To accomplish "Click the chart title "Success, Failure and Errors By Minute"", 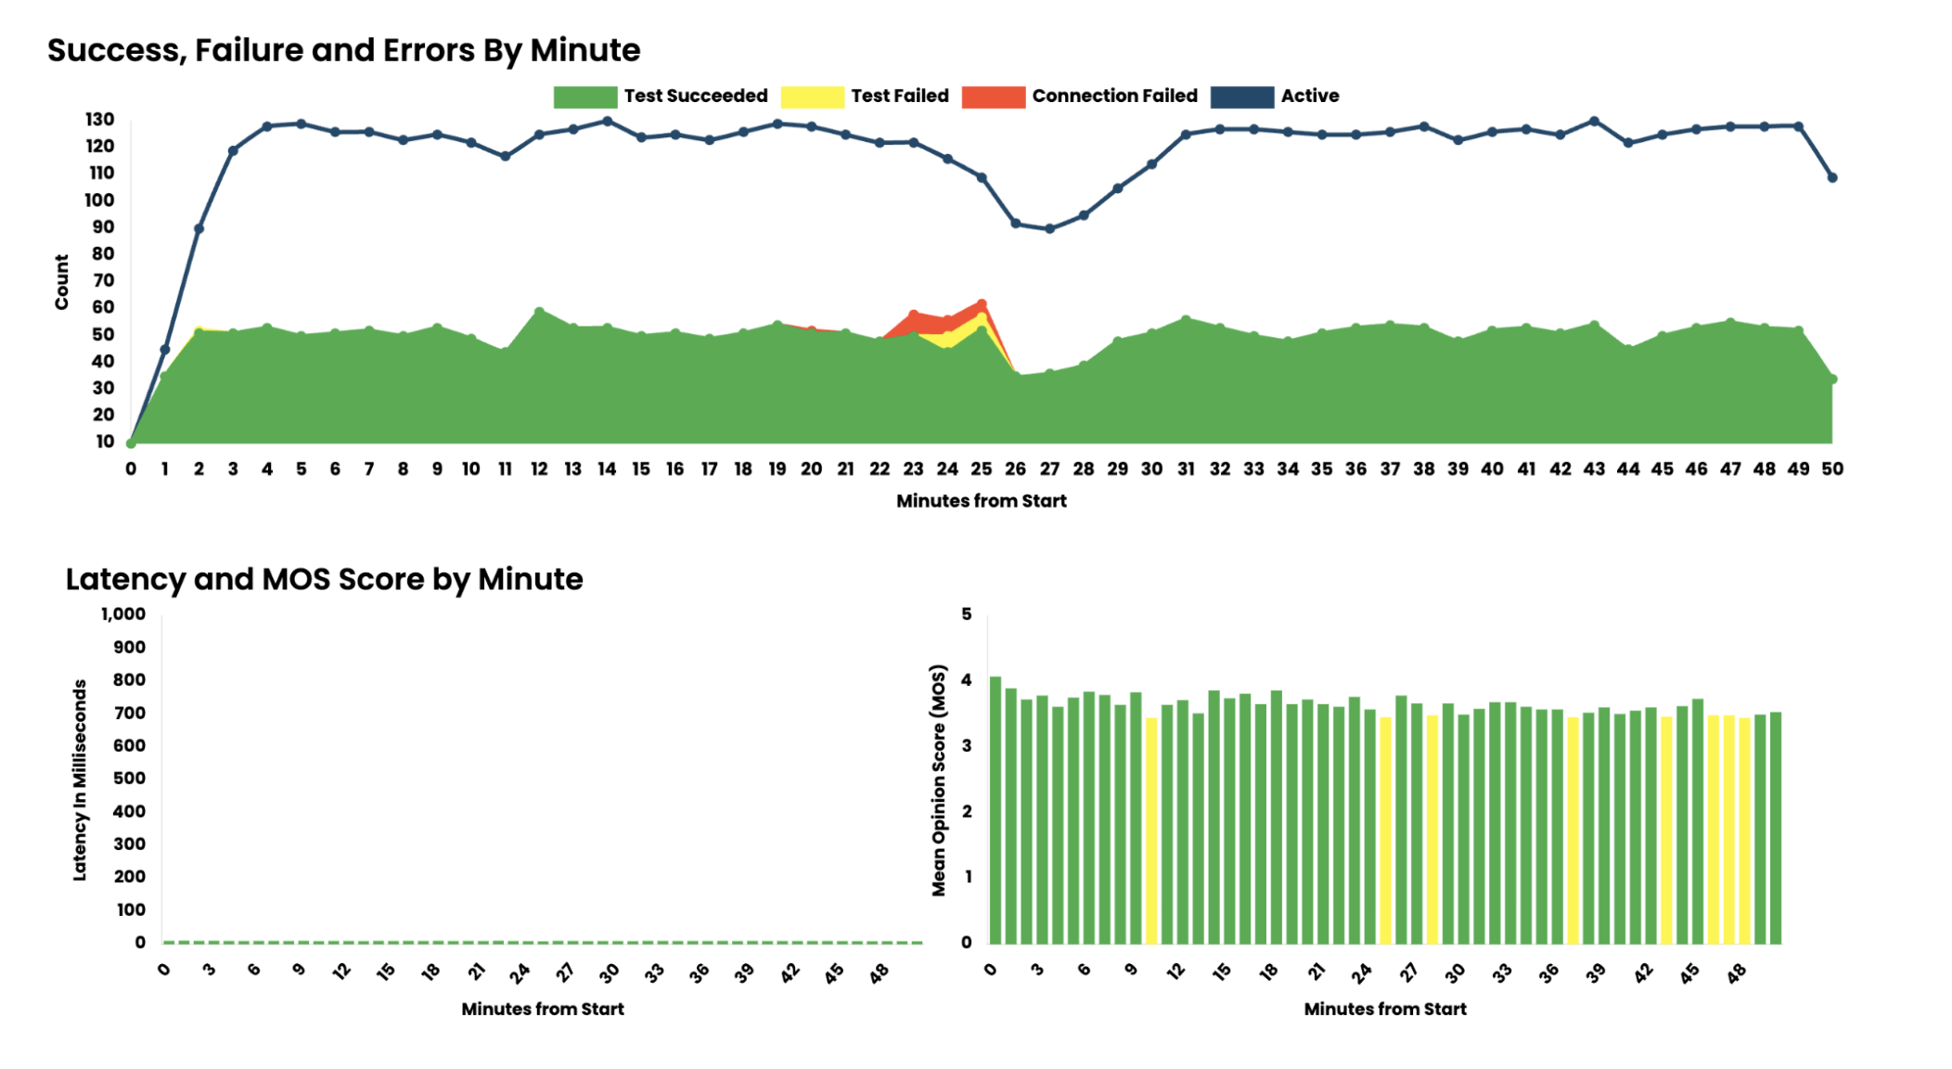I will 343,50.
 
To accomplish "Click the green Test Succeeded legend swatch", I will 584,97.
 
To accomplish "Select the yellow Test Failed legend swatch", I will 812,97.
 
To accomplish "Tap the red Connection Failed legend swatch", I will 993,97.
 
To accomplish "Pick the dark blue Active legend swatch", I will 1241,97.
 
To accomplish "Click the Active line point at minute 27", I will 1049,228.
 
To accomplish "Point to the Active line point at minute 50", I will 1831,177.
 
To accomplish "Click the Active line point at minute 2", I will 199,228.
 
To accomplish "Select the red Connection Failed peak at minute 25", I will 982,304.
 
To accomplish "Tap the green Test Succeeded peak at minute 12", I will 539,312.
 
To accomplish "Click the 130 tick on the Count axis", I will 100,120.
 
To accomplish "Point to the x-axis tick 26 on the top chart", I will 1015,470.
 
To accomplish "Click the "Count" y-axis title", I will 62,281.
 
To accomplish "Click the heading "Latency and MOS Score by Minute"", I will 324,579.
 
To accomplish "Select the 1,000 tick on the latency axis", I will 123,614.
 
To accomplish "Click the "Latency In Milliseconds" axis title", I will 80,779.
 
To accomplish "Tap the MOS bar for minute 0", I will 995,809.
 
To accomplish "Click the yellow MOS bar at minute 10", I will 1151,831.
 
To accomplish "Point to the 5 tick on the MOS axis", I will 967,614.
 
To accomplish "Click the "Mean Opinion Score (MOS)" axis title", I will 939,779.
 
